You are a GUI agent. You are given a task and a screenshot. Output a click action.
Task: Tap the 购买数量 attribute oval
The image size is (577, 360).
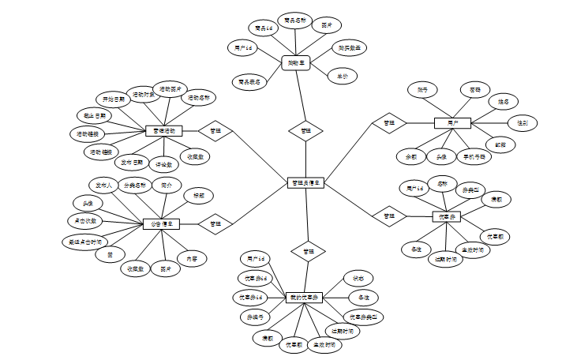349,48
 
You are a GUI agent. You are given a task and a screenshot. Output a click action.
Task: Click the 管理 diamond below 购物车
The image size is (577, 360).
305,129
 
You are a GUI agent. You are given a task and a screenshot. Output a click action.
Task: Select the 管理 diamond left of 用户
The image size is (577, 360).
388,123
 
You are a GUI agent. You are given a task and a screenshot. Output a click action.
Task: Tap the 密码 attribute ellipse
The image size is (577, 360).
474,90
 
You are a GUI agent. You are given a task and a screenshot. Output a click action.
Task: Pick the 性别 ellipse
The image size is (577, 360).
523,123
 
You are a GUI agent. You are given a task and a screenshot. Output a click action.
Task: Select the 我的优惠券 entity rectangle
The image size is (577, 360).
304,297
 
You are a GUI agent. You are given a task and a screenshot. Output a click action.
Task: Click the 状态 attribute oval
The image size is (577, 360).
358,279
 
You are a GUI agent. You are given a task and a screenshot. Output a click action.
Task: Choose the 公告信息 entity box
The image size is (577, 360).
161,223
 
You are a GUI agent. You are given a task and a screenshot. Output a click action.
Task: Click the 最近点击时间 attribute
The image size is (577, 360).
84,242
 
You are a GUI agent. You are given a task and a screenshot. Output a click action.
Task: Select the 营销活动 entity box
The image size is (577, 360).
164,130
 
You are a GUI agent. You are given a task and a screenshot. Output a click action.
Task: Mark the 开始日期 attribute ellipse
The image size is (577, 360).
114,100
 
